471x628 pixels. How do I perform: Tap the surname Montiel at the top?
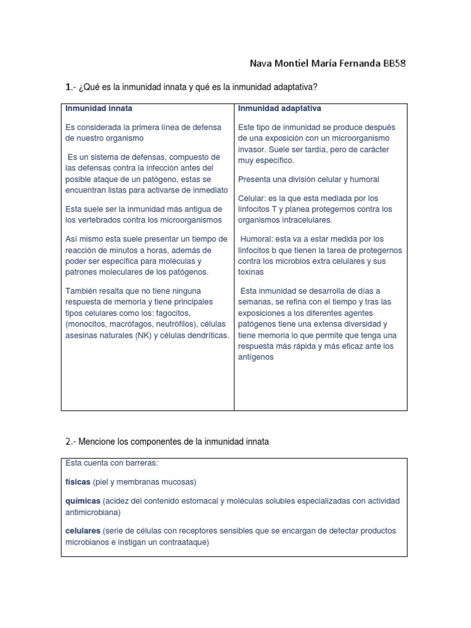[284, 64]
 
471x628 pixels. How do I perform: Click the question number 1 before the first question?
[68, 89]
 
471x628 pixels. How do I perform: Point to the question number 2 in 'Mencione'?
[68, 442]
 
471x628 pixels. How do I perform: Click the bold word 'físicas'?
[78, 481]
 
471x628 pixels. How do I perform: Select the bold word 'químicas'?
[82, 501]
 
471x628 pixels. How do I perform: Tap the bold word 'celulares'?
[83, 530]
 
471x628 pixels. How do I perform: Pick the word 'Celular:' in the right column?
[252, 198]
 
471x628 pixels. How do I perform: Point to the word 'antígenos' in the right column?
[256, 357]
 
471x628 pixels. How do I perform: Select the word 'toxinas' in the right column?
[251, 272]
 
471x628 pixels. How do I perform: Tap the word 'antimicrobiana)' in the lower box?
[93, 511]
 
